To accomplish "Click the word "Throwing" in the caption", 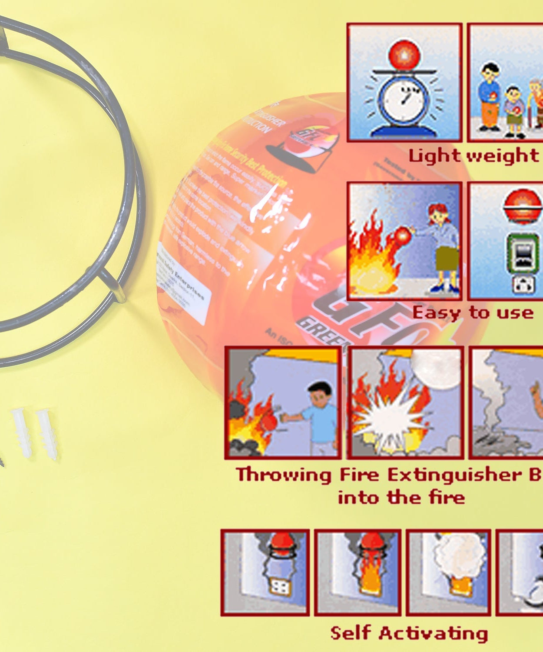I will coord(284,475).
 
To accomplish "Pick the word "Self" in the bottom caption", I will coord(350,633).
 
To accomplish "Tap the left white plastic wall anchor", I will coord(21,432).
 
